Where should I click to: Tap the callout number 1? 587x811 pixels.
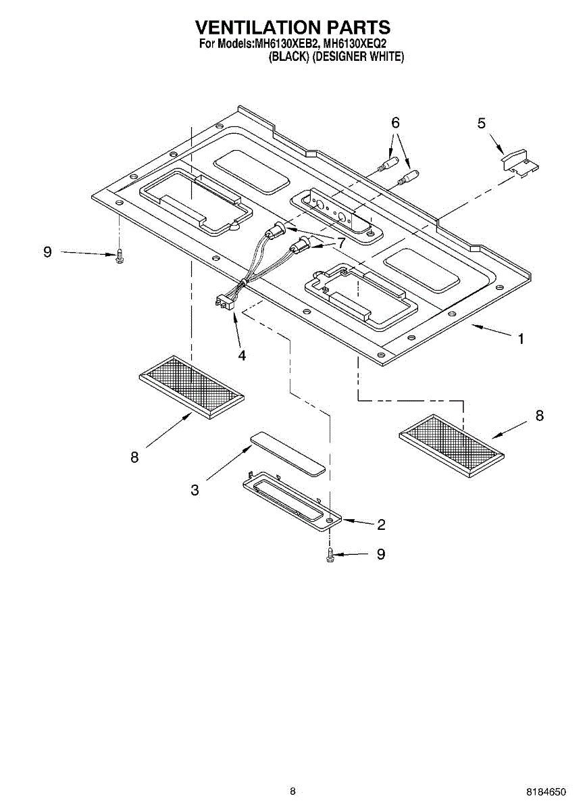tap(520, 339)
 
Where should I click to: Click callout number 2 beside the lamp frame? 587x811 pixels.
tap(381, 524)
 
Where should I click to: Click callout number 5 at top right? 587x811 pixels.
tap(481, 123)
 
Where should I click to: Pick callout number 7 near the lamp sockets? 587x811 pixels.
tap(341, 241)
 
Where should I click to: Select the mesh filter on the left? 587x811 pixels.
tap(191, 385)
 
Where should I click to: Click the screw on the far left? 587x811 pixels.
tap(120, 256)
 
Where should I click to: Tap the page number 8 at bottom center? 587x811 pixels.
tap(292, 791)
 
